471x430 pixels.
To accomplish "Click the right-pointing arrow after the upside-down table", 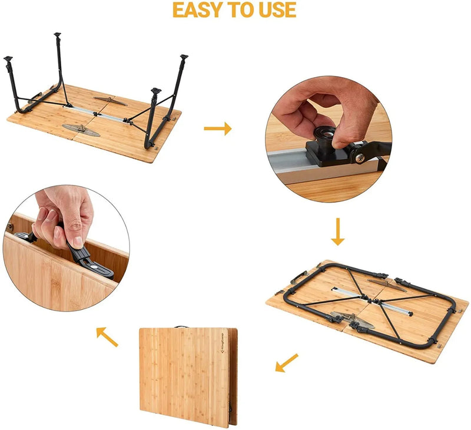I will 218,128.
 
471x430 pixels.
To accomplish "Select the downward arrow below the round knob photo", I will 337,231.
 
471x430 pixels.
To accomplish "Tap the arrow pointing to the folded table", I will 287,363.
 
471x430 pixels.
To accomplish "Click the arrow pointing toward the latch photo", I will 107,336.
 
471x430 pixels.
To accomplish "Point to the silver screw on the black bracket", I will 359,158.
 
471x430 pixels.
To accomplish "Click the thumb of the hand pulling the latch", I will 76,234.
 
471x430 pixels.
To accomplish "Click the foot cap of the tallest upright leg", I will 57,36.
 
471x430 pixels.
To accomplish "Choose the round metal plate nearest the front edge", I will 81,129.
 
